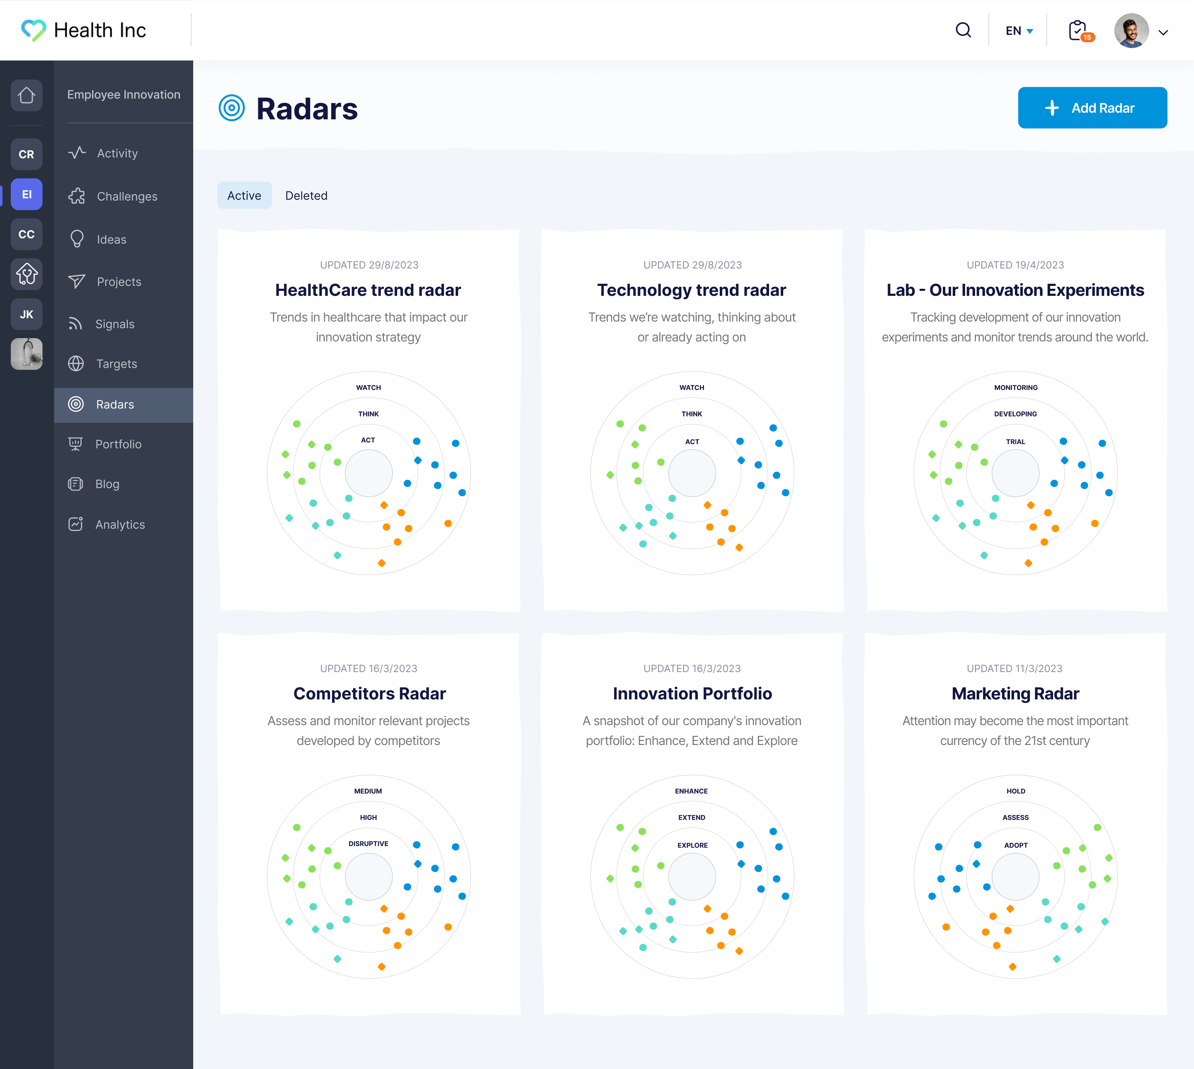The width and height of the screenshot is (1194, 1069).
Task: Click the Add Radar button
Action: [x=1092, y=108]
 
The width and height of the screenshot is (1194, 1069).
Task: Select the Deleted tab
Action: [x=306, y=196]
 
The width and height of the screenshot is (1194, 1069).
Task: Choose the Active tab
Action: [x=244, y=196]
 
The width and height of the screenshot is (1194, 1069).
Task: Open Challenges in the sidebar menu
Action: [x=127, y=196]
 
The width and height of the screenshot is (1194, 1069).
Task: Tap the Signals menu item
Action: [x=114, y=324]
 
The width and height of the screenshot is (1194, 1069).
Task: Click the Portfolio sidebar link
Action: [x=118, y=444]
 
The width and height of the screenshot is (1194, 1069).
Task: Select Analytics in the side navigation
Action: [x=120, y=525]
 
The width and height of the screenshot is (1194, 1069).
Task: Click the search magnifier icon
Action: [x=963, y=30]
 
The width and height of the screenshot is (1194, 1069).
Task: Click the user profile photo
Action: [x=1131, y=31]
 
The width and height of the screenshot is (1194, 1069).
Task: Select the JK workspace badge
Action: [x=27, y=314]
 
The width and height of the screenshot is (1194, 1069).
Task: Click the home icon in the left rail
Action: [x=27, y=95]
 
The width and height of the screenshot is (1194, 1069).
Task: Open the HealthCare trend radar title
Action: [x=368, y=290]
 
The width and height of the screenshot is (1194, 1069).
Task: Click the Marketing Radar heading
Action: [x=1015, y=694]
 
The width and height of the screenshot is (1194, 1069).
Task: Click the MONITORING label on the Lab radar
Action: [x=1015, y=388]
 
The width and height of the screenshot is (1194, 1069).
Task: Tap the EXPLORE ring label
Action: [x=692, y=845]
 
